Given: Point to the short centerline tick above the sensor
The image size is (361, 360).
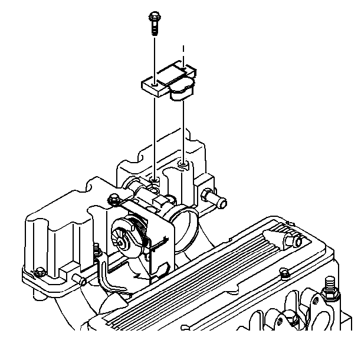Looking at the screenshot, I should coord(185,49).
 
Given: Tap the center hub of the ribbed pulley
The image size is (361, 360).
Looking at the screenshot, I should coord(122,241).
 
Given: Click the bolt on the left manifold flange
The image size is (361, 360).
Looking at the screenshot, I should coord(39,272).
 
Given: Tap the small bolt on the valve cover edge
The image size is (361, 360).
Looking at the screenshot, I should coord(284,273).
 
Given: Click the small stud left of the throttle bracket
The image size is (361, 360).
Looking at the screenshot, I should coord(94,247).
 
